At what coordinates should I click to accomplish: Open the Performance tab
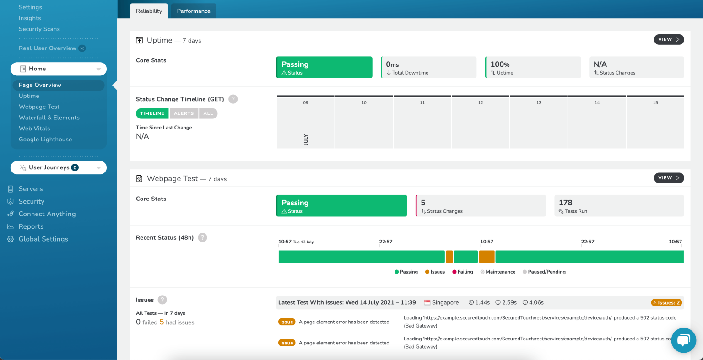(x=194, y=11)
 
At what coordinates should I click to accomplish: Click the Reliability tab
(x=149, y=11)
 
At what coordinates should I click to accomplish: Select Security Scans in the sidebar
(x=39, y=29)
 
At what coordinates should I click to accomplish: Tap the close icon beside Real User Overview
(x=82, y=48)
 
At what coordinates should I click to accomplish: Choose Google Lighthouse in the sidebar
(x=45, y=140)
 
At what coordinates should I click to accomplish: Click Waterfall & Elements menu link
(x=49, y=118)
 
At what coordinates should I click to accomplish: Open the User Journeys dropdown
(x=59, y=167)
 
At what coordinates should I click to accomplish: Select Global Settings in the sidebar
(x=43, y=239)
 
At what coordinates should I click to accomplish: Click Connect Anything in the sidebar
(x=47, y=214)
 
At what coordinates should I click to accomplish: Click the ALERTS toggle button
(x=184, y=113)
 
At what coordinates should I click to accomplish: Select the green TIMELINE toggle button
(x=152, y=113)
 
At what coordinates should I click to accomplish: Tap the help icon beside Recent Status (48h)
(x=203, y=237)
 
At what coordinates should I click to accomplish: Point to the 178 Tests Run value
(x=566, y=203)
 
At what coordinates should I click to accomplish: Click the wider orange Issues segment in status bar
(x=487, y=257)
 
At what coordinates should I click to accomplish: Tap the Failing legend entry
(x=463, y=272)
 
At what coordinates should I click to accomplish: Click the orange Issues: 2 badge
(x=666, y=303)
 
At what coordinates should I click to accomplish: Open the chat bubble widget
(x=683, y=340)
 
